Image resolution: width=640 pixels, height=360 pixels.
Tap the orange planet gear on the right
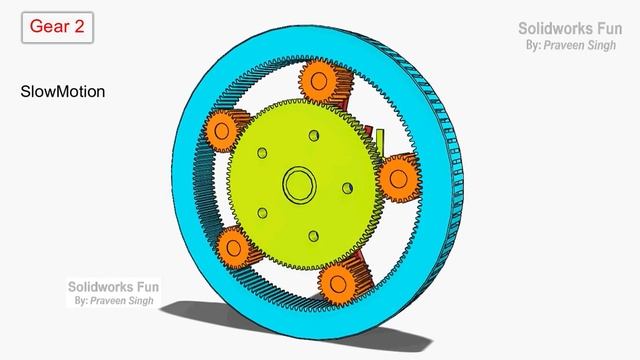click(399, 179)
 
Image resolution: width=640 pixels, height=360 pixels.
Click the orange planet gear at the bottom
click(337, 280)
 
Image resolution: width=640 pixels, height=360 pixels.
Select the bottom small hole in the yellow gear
click(313, 235)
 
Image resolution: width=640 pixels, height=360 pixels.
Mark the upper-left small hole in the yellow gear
click(261, 152)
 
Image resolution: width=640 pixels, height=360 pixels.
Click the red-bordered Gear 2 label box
click(57, 28)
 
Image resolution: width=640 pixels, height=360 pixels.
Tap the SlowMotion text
click(63, 91)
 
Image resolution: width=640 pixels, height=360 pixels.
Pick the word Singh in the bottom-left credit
click(139, 300)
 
